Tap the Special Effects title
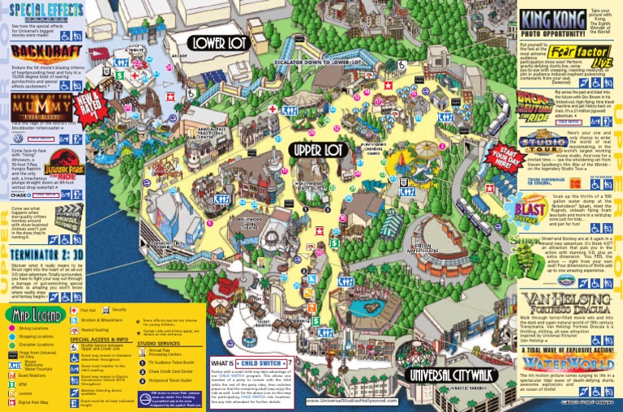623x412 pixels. pos(41,10)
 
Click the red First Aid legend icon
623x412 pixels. pos(75,311)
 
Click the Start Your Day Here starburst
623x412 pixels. pos(495,155)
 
